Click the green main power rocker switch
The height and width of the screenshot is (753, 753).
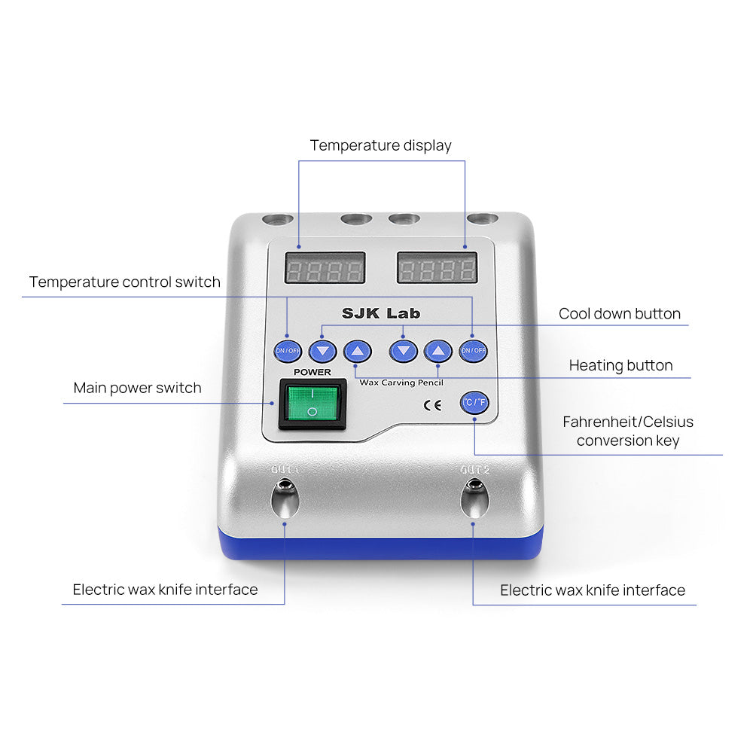[x=312, y=404]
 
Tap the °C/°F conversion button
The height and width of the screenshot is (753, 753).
[x=474, y=403]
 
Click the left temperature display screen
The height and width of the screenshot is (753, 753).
[x=325, y=268]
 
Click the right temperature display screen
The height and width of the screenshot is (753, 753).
[x=437, y=268]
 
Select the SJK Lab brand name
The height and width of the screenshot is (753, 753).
[x=381, y=313]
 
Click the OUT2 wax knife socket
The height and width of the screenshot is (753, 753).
[x=474, y=498]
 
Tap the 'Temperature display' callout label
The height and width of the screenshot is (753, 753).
[x=380, y=145]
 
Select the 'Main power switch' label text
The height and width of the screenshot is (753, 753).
[x=137, y=389]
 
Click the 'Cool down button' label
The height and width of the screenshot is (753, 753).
[x=619, y=314]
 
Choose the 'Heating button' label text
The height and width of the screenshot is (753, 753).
[x=620, y=366]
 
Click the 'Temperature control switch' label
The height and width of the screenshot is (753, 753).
[x=125, y=282]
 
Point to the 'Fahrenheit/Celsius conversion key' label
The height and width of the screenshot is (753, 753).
[x=628, y=431]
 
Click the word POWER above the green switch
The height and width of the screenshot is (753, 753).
[x=312, y=372]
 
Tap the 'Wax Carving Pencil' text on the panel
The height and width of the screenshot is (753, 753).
[x=401, y=383]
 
